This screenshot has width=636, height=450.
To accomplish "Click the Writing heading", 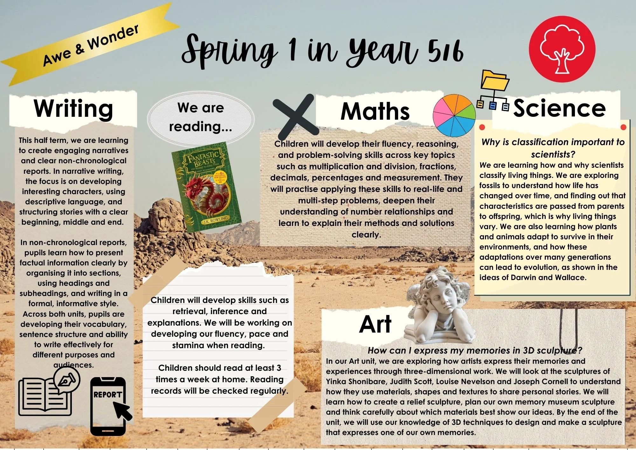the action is pyautogui.click(x=73, y=109).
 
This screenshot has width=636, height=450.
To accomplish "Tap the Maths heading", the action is pyautogui.click(x=375, y=111).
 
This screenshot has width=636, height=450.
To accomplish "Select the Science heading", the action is pyautogui.click(x=559, y=108).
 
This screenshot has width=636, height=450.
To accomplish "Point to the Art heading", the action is pyautogui.click(x=375, y=324).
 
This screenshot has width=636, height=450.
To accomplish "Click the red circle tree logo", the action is pyautogui.click(x=562, y=49).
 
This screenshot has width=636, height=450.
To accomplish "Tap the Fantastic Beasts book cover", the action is pyautogui.click(x=206, y=187).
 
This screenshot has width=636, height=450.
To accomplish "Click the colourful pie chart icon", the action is pyautogui.click(x=454, y=115).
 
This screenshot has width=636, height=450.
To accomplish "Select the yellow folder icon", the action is pyautogui.click(x=494, y=81).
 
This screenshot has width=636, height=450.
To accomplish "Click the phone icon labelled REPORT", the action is pyautogui.click(x=108, y=406).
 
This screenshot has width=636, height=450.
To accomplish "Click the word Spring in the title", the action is pyautogui.click(x=229, y=51).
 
